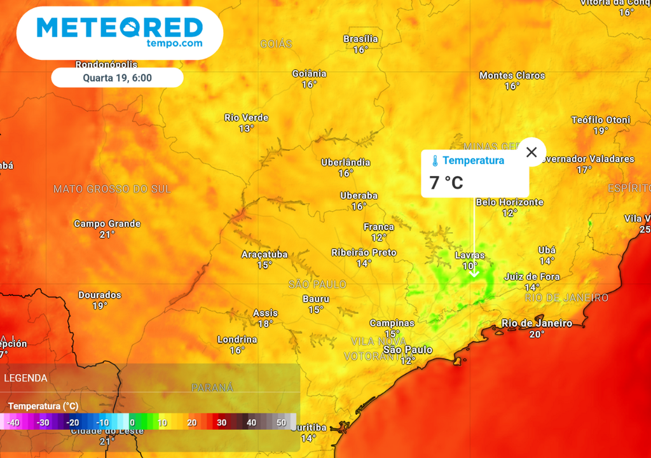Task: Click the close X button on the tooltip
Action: click(x=531, y=152)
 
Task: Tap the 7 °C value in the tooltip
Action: click(x=446, y=183)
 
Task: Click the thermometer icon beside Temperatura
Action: click(x=435, y=160)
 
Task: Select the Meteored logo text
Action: click(x=120, y=27)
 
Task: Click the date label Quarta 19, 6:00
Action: click(x=117, y=78)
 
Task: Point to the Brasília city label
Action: click(x=360, y=39)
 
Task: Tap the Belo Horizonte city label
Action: click(x=509, y=202)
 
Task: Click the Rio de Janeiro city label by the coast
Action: click(x=537, y=323)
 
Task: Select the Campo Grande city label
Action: click(x=107, y=223)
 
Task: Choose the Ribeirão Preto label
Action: click(x=364, y=253)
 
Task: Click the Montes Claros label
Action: click(x=512, y=75)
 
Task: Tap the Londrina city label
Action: click(x=237, y=340)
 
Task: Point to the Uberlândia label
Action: click(x=345, y=162)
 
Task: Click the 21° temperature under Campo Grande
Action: click(x=107, y=234)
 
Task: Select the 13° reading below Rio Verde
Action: click(x=246, y=128)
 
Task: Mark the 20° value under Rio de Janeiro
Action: click(x=537, y=334)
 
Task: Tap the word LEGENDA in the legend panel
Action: click(x=25, y=378)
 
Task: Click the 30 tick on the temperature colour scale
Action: click(x=221, y=422)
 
